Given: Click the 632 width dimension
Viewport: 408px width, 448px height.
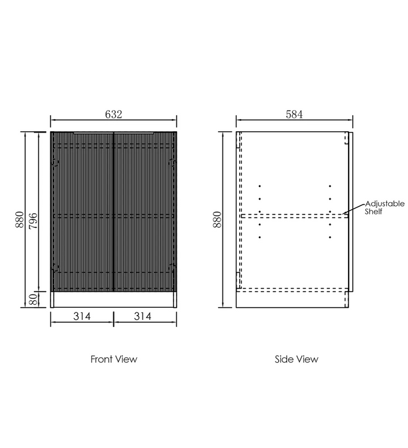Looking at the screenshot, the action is [x=114, y=115].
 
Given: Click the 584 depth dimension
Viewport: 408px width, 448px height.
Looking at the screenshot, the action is [x=294, y=115].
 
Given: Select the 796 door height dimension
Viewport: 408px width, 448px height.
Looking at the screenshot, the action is [x=33, y=220].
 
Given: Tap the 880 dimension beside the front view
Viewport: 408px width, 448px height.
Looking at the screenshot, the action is [x=20, y=220].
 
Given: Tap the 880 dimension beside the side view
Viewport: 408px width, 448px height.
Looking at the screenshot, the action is [x=217, y=220].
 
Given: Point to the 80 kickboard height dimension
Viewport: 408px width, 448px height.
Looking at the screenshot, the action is [x=33, y=300].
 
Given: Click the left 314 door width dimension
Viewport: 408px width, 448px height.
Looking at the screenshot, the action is [x=82, y=316].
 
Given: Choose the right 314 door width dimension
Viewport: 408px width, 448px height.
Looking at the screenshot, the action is [x=143, y=316].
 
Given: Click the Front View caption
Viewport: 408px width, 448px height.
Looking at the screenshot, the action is [x=114, y=359].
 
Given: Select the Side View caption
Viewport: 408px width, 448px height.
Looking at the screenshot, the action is [x=296, y=359].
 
